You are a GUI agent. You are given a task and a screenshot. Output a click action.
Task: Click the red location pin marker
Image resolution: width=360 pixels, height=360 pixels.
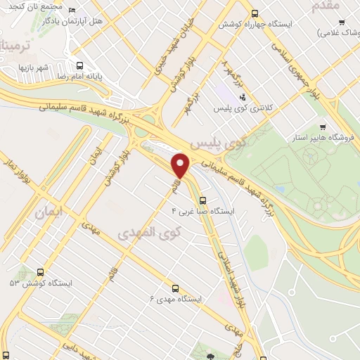coord(181,165)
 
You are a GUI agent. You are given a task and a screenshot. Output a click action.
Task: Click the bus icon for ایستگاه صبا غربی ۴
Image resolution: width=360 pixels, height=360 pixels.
coord(202,199)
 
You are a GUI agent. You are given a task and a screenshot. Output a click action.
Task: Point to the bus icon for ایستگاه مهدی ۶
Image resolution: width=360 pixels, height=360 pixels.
coord(175,288)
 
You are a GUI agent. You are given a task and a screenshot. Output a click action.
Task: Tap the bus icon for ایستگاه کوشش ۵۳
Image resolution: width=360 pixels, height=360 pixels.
coord(39,272)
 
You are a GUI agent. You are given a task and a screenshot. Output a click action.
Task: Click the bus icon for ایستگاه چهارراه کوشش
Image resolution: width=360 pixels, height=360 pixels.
coord(255,13)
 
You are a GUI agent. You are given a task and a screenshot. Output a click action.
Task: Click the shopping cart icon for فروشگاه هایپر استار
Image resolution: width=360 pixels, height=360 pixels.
coord(322,127)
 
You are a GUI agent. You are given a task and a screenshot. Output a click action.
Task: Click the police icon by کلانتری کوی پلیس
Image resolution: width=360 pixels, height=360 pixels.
coord(243,98)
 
